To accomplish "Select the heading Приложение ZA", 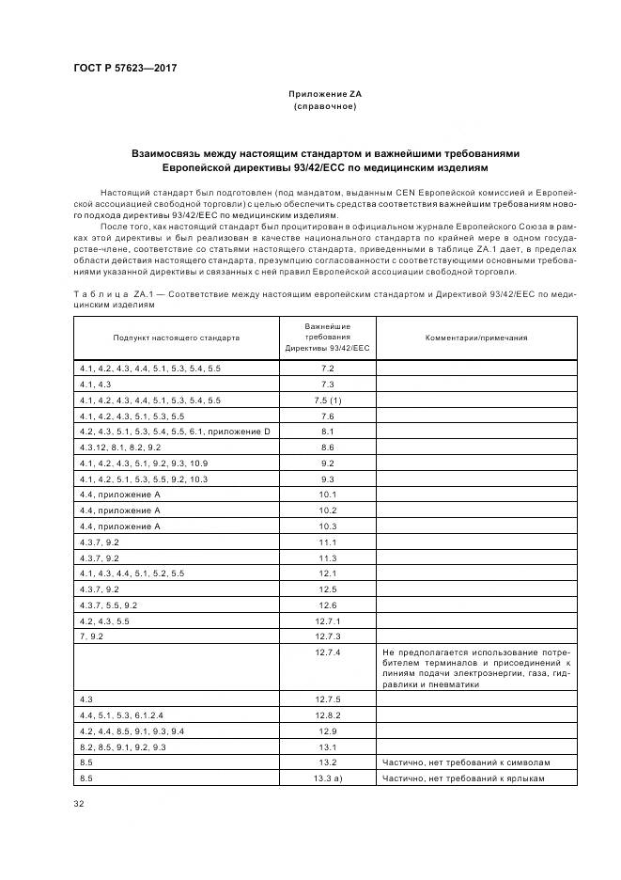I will pyautogui.click(x=324, y=95).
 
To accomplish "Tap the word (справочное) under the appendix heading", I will pyautogui.click(x=324, y=106).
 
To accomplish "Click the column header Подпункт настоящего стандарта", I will pyautogui.click(x=177, y=337).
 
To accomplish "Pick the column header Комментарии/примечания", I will pyautogui.click(x=476, y=337).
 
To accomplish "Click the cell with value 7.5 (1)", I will pyautogui.click(x=328, y=400).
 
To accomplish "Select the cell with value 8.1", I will pyautogui.click(x=328, y=431).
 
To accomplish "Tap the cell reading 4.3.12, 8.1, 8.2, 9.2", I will pyautogui.click(x=121, y=447).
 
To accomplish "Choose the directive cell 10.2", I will pyautogui.click(x=328, y=510).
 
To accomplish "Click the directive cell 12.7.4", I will pyautogui.click(x=328, y=652).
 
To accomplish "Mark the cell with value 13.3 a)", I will pyautogui.click(x=328, y=778).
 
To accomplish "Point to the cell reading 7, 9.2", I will pyautogui.click(x=96, y=636).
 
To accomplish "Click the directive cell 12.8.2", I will pyautogui.click(x=328, y=715).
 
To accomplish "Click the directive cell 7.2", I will pyautogui.click(x=328, y=368).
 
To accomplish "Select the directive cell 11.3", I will pyautogui.click(x=328, y=558).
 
